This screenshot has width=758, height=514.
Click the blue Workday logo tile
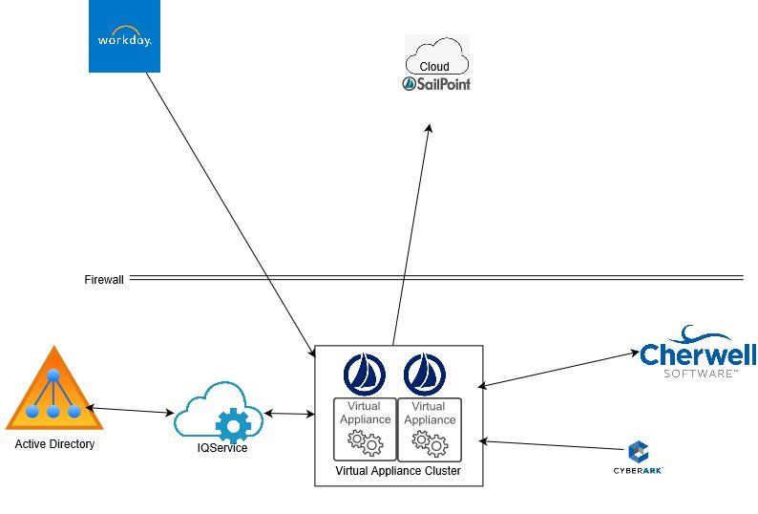[124, 37]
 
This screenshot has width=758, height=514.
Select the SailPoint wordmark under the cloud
[436, 84]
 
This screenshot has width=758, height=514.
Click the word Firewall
[104, 280]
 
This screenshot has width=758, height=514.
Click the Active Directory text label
[54, 444]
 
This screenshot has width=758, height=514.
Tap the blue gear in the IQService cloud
[231, 424]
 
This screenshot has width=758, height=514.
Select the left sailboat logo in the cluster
[363, 374]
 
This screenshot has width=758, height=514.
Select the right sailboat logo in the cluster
[424, 374]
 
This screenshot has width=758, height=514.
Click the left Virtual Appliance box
[364, 428]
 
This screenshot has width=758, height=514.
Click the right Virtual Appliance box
[429, 428]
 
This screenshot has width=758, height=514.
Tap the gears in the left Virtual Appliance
[365, 442]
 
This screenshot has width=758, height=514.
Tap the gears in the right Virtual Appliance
[429, 442]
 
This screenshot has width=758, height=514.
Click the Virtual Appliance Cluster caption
[398, 472]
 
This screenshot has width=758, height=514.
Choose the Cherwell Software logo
[698, 353]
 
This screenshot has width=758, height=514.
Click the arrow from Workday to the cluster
[230, 209]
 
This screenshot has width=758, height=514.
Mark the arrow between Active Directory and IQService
[133, 411]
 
